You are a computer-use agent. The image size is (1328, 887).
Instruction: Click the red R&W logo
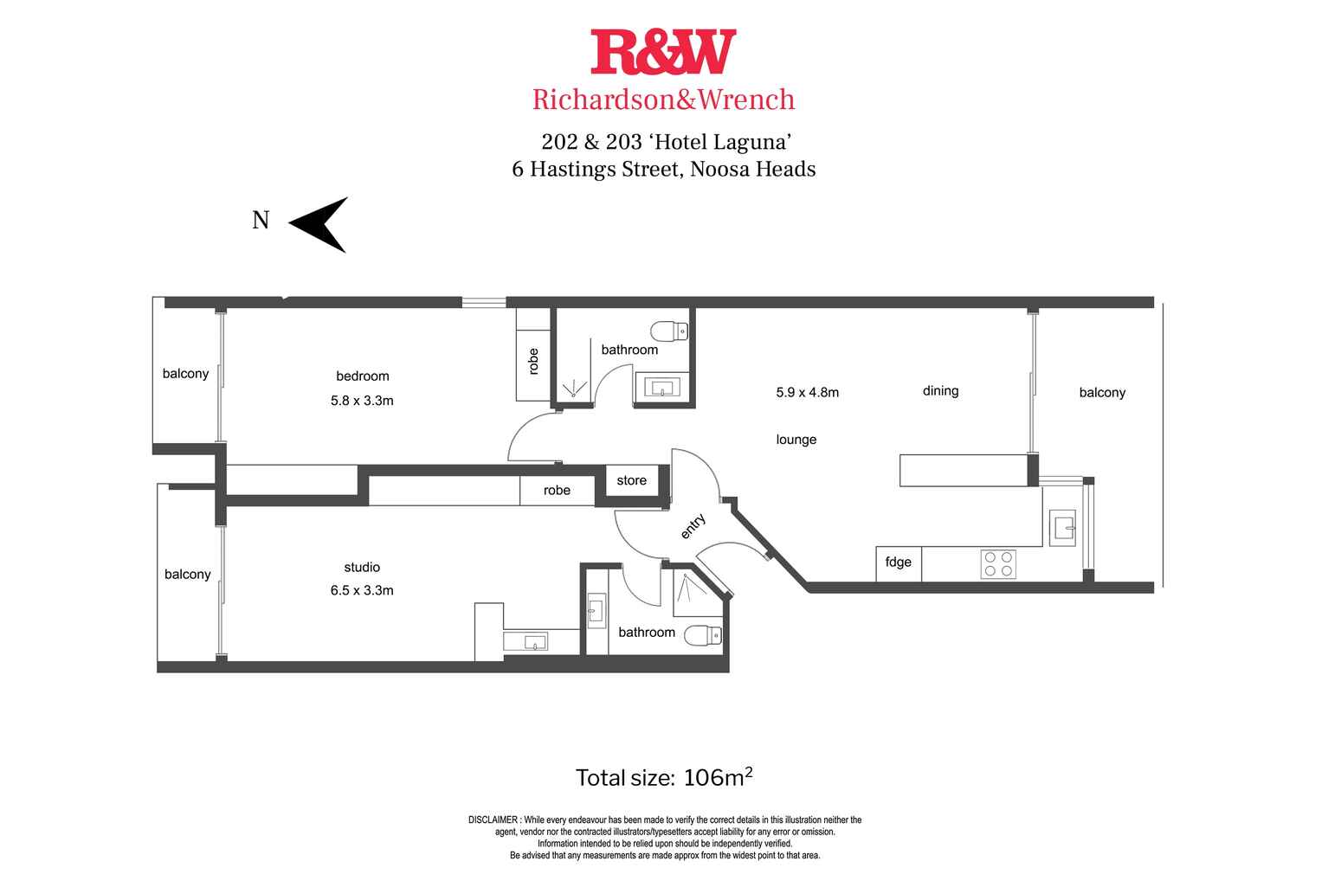coord(663,52)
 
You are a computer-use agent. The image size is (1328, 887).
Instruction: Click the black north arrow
coord(319,225)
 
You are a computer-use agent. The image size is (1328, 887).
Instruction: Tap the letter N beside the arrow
coord(261,220)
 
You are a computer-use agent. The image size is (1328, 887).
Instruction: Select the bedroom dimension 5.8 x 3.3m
coord(362,401)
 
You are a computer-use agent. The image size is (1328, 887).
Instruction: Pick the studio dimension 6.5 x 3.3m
coord(362,590)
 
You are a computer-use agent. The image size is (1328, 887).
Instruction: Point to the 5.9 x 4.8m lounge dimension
coord(807,392)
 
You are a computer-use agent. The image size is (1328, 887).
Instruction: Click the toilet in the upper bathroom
coord(669,331)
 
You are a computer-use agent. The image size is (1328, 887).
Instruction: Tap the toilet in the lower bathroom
coord(703,636)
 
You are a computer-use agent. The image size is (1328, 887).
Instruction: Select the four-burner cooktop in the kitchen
coord(998,564)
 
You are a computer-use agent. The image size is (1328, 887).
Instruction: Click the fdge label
coord(899,562)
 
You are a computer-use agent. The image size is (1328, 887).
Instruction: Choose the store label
coord(631,480)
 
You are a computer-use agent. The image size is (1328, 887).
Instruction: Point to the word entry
coord(693,526)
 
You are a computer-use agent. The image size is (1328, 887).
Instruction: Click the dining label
coord(941,391)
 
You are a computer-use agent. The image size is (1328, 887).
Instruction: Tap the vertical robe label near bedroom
coord(533,362)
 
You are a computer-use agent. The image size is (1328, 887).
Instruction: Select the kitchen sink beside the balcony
coord(1062,527)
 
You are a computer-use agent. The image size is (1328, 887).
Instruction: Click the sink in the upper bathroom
coord(662,388)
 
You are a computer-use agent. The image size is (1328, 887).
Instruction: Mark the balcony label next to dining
coord(1102,393)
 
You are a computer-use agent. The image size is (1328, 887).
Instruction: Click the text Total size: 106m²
coord(664,777)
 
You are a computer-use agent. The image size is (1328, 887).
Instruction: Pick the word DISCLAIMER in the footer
coord(493,820)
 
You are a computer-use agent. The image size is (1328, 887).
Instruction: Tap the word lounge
coord(796,440)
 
